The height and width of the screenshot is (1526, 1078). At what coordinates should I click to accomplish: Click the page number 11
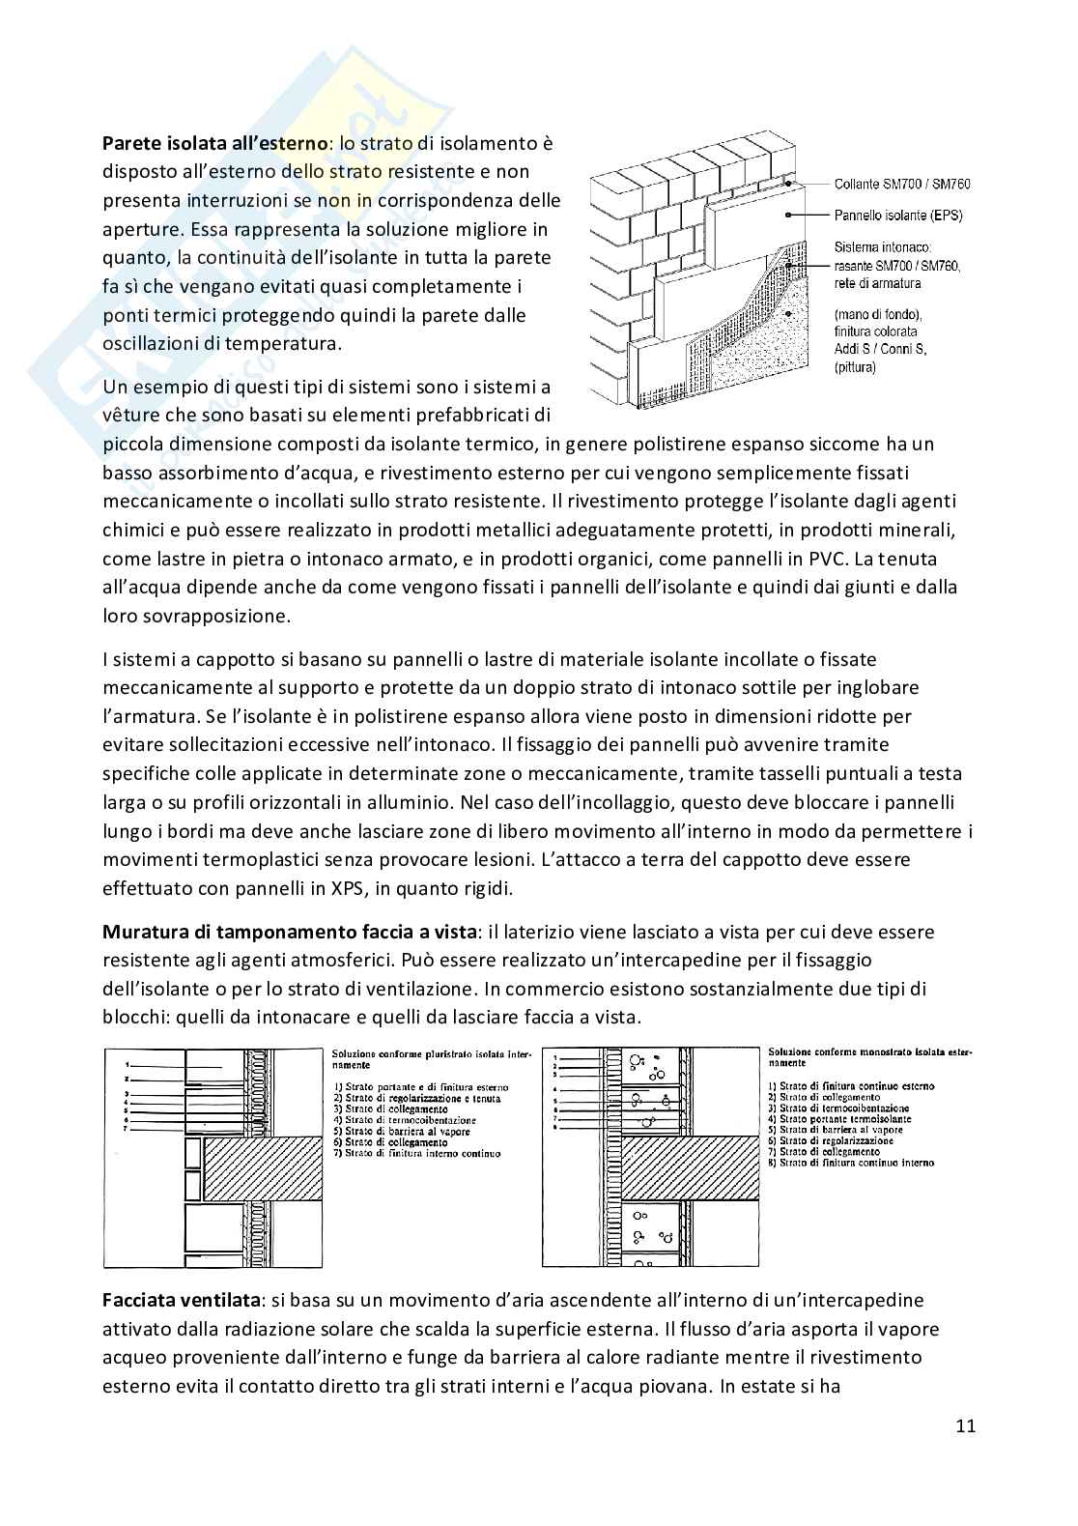(x=966, y=1425)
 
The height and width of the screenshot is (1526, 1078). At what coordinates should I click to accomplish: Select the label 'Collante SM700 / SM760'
(x=902, y=184)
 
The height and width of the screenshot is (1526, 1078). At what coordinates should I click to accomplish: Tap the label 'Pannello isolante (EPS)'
(x=898, y=216)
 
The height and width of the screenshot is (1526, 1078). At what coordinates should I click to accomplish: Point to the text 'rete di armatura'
(x=877, y=283)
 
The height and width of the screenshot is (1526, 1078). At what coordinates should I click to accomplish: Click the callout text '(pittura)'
(x=855, y=367)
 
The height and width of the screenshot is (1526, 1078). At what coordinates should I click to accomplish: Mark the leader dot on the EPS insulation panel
(x=788, y=216)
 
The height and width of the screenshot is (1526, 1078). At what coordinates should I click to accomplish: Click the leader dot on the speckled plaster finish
(x=788, y=314)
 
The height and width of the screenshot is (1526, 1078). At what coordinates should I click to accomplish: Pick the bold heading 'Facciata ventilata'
(x=182, y=1300)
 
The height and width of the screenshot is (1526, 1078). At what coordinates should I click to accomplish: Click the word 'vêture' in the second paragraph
(x=130, y=415)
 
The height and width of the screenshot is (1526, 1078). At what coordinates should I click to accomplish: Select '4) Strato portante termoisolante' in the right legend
(x=839, y=1118)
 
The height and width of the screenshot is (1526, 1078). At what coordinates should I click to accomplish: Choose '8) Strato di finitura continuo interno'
(x=851, y=1163)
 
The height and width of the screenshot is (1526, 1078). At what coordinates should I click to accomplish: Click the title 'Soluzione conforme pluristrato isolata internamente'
(x=427, y=1058)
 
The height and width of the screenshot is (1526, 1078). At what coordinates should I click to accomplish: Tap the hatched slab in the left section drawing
(x=262, y=1168)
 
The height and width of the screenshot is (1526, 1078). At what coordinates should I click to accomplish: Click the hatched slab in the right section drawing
(x=690, y=1167)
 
